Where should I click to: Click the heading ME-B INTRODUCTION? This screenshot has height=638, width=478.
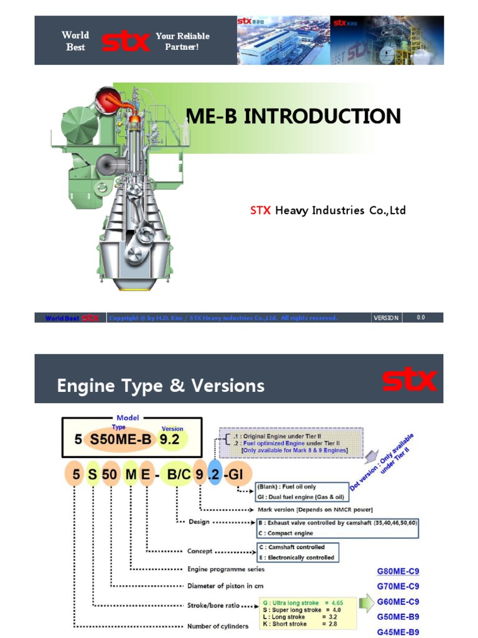point(294,117)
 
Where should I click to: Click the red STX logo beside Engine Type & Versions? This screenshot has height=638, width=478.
point(410,380)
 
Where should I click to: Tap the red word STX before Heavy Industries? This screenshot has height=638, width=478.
point(261,211)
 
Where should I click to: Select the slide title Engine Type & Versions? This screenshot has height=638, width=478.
point(161,386)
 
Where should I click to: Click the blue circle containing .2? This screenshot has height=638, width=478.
point(215,475)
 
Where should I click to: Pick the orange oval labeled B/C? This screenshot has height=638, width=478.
point(175,475)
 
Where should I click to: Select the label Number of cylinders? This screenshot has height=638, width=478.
point(218,626)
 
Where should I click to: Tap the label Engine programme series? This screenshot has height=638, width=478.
point(225,569)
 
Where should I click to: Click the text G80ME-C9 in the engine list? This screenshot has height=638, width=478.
point(398,571)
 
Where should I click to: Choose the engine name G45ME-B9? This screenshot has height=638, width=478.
point(398,632)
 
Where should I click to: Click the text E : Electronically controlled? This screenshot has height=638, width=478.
point(296,557)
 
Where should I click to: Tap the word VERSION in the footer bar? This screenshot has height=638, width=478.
point(386,318)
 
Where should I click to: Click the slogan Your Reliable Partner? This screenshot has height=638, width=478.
point(182,41)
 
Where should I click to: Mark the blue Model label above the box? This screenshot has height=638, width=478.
point(128,417)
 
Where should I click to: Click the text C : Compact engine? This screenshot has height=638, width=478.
point(286,533)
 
